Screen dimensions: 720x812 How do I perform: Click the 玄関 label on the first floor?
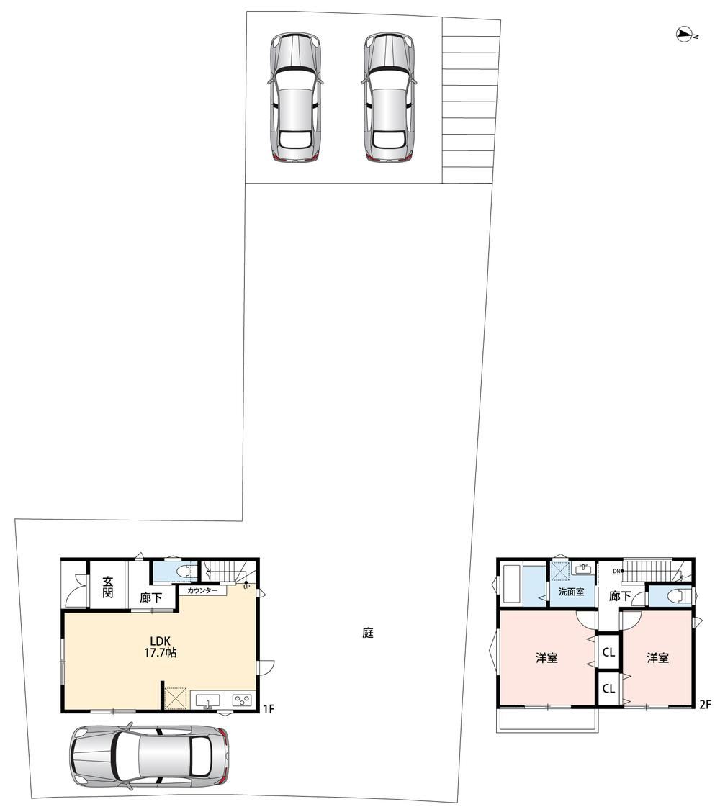107,587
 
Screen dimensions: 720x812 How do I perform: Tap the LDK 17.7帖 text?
160,647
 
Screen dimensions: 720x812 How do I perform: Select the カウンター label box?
202,590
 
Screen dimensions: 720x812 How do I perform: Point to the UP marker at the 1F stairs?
246,587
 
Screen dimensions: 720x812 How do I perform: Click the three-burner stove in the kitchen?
242,700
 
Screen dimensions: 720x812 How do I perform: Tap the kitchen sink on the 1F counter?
207,700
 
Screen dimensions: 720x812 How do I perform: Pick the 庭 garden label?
368,633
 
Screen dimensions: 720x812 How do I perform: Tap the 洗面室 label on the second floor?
572,592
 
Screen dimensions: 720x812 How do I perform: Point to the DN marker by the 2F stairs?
616,571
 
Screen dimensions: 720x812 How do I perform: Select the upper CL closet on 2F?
608,652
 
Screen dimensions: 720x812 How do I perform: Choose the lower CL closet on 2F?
608,688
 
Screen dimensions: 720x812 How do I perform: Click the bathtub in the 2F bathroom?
513,584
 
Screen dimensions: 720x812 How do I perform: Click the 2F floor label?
705,704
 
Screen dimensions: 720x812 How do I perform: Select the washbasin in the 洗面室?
585,568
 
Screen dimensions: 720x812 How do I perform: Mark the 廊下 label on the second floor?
619,597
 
